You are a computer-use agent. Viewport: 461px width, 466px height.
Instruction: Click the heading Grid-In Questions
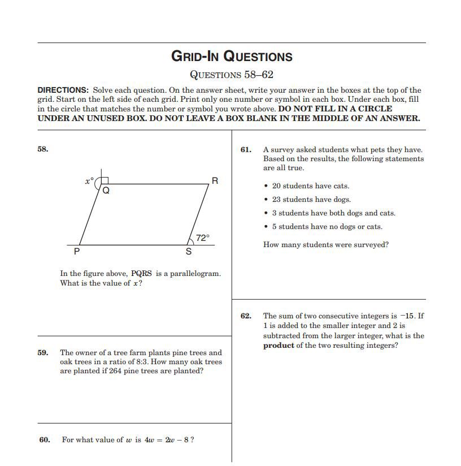[x=232, y=56]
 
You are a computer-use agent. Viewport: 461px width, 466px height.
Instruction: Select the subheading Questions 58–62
[x=232, y=75]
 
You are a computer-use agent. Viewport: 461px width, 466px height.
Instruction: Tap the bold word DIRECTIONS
[x=63, y=90]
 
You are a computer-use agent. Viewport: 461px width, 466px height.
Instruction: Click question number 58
[x=43, y=149]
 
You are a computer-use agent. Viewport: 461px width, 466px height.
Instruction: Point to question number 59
[x=43, y=352]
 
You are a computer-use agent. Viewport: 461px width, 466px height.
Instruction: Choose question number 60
[x=45, y=439]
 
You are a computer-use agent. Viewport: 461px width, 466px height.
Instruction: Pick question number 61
[x=246, y=149]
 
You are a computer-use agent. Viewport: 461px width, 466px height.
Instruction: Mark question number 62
[x=246, y=316]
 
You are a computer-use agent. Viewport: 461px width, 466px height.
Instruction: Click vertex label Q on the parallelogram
[x=106, y=191]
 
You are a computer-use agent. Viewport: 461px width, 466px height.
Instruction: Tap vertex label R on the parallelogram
[x=215, y=181]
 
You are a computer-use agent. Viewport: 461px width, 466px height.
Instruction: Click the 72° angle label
[x=202, y=238]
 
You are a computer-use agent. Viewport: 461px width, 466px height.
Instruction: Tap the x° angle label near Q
[x=89, y=181]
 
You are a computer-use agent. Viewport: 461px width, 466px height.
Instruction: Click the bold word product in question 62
[x=279, y=346]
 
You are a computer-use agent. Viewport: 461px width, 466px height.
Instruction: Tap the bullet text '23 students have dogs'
[x=311, y=200]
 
